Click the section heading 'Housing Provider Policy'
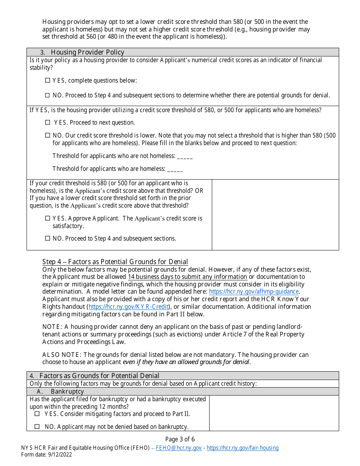pos(87,52)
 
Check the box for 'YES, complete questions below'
pos(47,80)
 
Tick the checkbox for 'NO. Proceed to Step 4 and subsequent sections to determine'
pos(47,95)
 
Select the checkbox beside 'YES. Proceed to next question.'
pos(47,122)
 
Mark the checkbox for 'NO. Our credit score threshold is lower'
pos(47,135)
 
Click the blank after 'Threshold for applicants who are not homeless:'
pos(185,156)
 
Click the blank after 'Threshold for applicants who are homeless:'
pos(175,169)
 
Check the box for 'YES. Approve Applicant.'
pos(47,218)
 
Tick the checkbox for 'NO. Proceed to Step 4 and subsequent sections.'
pos(47,238)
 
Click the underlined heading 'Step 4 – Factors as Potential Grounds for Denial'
pos(115,262)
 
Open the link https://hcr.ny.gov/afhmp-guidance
pos(254,292)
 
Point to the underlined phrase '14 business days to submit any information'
pos(187,277)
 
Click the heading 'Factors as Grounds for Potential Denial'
pos(99,376)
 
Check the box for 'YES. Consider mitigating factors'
pos(37,414)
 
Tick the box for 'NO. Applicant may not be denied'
pos(37,427)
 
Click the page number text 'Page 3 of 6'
pos(180,439)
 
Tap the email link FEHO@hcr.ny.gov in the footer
pos(178,448)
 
